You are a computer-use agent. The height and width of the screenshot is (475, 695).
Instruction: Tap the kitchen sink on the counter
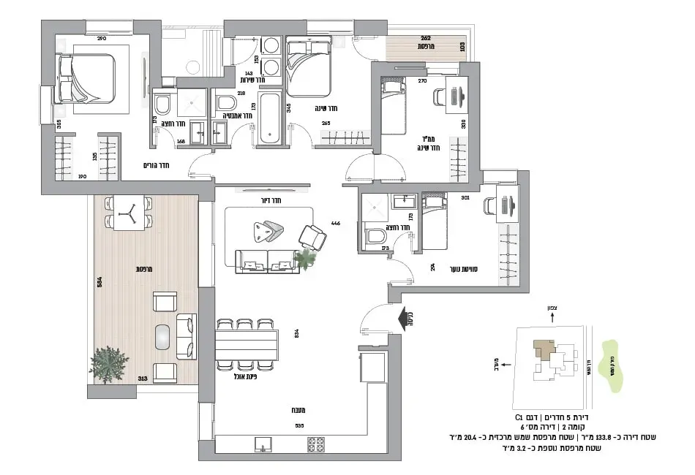pos(261,443)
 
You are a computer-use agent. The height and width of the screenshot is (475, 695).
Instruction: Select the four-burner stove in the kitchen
pos(315,443)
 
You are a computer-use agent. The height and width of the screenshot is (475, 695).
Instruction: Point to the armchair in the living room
pos(314,237)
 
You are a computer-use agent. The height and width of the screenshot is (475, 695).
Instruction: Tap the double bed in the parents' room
pos(87,77)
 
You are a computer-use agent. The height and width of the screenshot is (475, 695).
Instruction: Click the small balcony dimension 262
pos(425,37)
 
